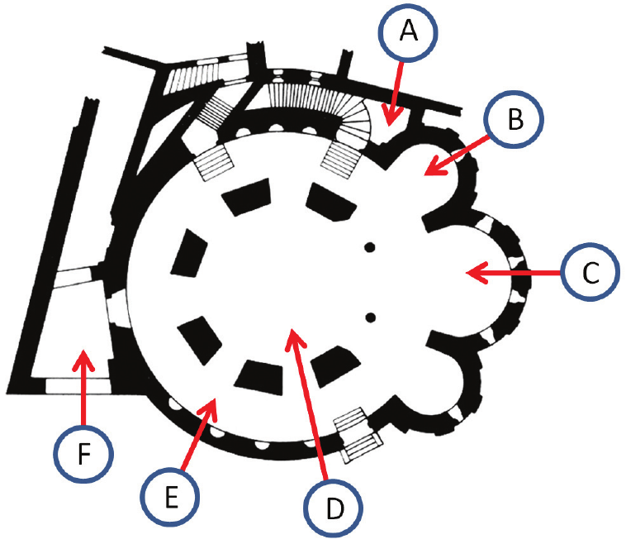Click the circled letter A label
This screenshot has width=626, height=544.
[407, 32]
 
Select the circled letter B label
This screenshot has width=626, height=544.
[515, 122]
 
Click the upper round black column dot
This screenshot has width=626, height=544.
[370, 246]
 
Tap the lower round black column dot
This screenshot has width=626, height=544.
[370, 317]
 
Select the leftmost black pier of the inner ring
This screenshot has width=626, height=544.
[188, 253]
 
